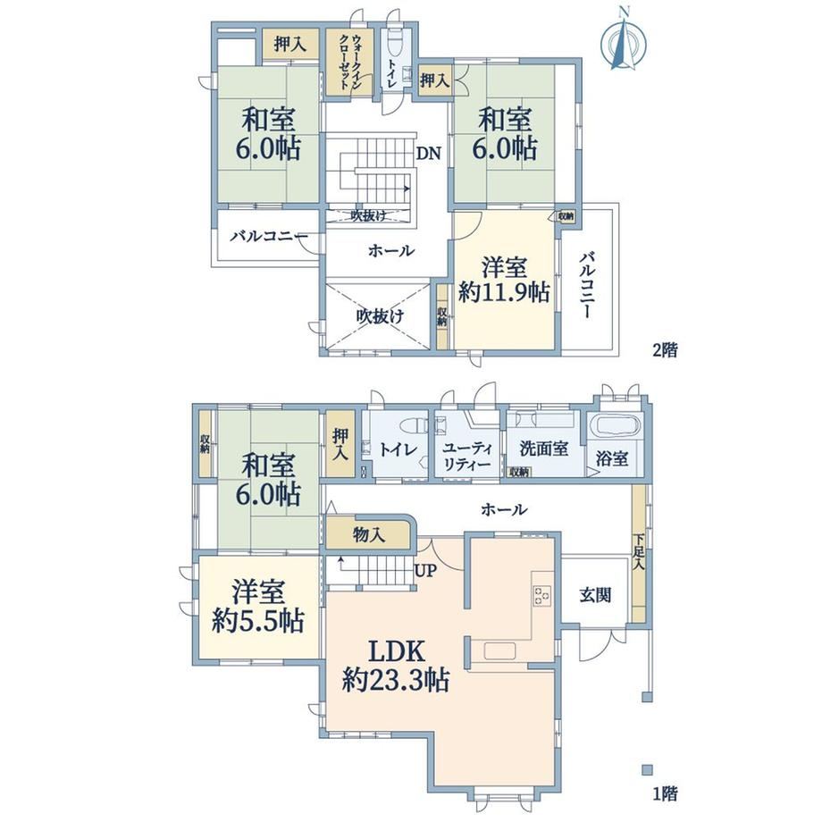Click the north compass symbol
click(623, 43)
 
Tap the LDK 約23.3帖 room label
click(396, 667)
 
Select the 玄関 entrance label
click(596, 595)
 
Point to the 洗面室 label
click(543, 449)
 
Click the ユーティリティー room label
click(467, 456)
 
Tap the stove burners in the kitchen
click(542, 596)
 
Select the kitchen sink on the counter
click(499, 651)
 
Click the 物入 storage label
click(369, 534)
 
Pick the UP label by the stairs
click(425, 570)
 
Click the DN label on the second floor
click(429, 154)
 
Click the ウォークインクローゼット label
click(349, 62)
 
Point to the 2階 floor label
click(665, 349)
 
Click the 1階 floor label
click(665, 793)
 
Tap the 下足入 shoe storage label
click(638, 553)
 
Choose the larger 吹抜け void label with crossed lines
click(380, 316)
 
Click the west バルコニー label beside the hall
click(269, 237)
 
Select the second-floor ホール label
click(391, 250)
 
